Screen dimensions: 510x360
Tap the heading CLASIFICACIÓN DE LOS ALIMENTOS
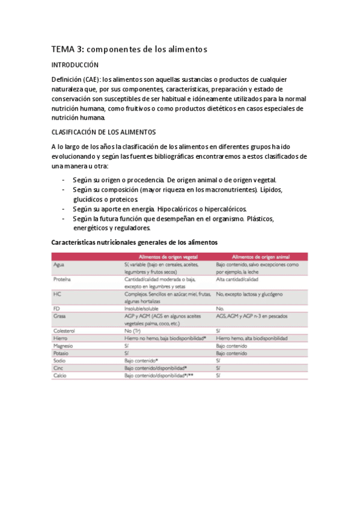click(104, 131)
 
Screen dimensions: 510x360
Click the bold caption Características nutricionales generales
click(134, 242)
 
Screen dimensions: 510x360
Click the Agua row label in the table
click(59, 265)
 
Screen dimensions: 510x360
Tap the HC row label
click(57, 294)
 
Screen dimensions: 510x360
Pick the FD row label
click(56, 309)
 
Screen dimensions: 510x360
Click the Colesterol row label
click(64, 330)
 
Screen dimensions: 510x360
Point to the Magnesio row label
click(64, 345)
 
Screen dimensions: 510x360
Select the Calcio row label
click(60, 375)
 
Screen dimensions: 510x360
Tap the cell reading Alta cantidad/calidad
click(237, 280)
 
